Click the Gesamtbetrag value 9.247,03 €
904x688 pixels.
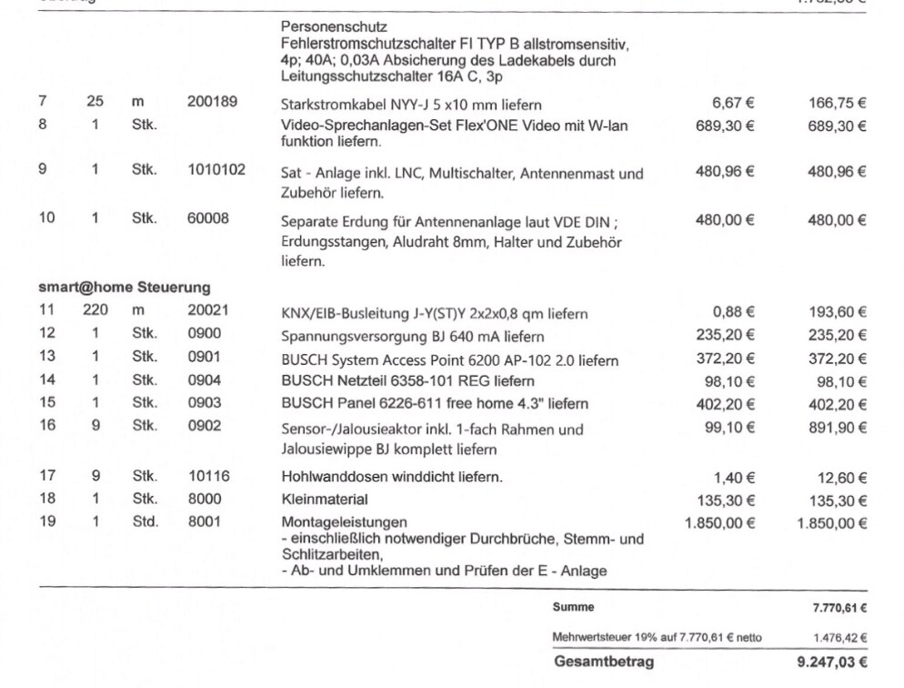(x=831, y=663)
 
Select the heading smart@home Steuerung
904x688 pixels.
(x=124, y=288)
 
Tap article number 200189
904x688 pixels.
(x=213, y=102)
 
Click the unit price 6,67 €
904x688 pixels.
(x=732, y=103)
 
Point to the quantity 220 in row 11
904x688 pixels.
(x=95, y=310)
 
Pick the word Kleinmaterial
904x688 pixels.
(x=325, y=499)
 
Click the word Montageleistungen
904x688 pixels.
(x=345, y=521)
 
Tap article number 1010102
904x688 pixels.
(x=216, y=169)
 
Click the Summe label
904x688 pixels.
(x=573, y=607)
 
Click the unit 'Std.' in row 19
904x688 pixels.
(x=145, y=521)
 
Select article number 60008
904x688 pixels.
(x=208, y=218)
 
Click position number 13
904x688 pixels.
(x=47, y=358)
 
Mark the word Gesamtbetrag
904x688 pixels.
(x=604, y=663)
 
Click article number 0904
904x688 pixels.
(x=205, y=380)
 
